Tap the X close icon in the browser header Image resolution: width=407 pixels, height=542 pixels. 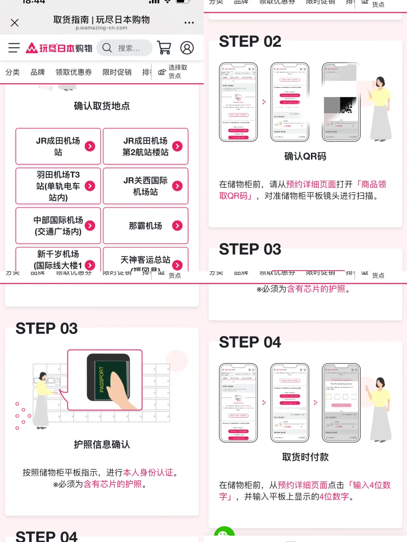(15, 23)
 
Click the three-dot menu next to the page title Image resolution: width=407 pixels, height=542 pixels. (189, 23)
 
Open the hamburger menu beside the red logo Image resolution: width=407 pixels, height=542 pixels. (14, 48)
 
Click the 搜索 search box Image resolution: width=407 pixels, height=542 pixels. (124, 48)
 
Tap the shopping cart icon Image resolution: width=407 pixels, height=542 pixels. (164, 48)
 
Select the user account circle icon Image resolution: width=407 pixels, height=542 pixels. (187, 48)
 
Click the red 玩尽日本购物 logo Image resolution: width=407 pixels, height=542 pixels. (59, 48)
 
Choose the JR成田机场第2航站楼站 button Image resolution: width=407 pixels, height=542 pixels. (145, 146)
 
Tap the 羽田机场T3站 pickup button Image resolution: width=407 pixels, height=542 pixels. (58, 186)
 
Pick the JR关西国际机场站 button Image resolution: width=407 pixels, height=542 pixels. (145, 186)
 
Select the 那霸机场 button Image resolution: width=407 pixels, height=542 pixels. (145, 225)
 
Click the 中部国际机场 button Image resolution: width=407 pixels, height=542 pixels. (58, 225)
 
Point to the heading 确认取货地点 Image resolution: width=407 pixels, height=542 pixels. (102, 106)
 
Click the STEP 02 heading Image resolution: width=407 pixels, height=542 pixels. (250, 41)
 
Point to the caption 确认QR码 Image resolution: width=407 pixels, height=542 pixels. (305, 156)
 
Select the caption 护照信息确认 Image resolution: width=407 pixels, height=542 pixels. (102, 445)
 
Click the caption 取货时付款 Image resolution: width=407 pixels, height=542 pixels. (305, 457)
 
